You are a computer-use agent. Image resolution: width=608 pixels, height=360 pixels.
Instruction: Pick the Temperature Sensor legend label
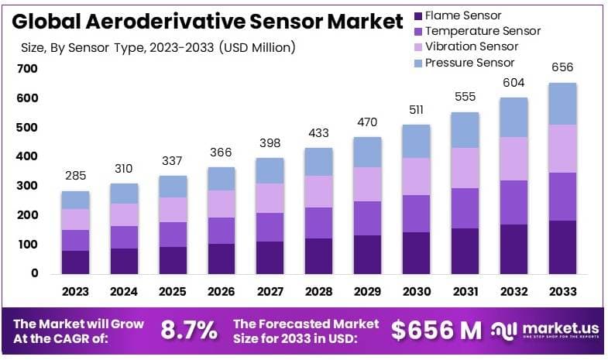click(x=483, y=31)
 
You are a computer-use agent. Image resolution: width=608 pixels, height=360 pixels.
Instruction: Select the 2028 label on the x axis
click(x=318, y=292)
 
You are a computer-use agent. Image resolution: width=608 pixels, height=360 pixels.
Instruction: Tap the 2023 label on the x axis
click(x=75, y=292)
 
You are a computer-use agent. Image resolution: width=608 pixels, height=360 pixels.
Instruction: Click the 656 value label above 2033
click(x=563, y=67)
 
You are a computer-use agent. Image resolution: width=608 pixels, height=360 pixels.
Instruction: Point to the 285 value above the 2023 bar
click(x=75, y=176)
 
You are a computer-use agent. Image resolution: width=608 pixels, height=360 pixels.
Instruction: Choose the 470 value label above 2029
click(x=368, y=122)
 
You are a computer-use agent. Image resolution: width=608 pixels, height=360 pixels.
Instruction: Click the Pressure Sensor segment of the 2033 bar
click(x=563, y=104)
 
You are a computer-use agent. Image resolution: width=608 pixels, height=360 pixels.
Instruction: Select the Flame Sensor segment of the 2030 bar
click(x=417, y=252)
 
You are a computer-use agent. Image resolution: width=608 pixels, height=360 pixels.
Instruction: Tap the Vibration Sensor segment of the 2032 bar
click(x=514, y=159)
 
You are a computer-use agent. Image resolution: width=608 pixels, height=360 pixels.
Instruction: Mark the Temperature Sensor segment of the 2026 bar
click(x=222, y=231)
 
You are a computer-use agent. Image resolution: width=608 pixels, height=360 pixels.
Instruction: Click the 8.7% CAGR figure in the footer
click(x=189, y=330)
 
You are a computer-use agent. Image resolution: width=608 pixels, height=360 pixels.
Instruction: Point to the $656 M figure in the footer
click(x=436, y=330)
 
